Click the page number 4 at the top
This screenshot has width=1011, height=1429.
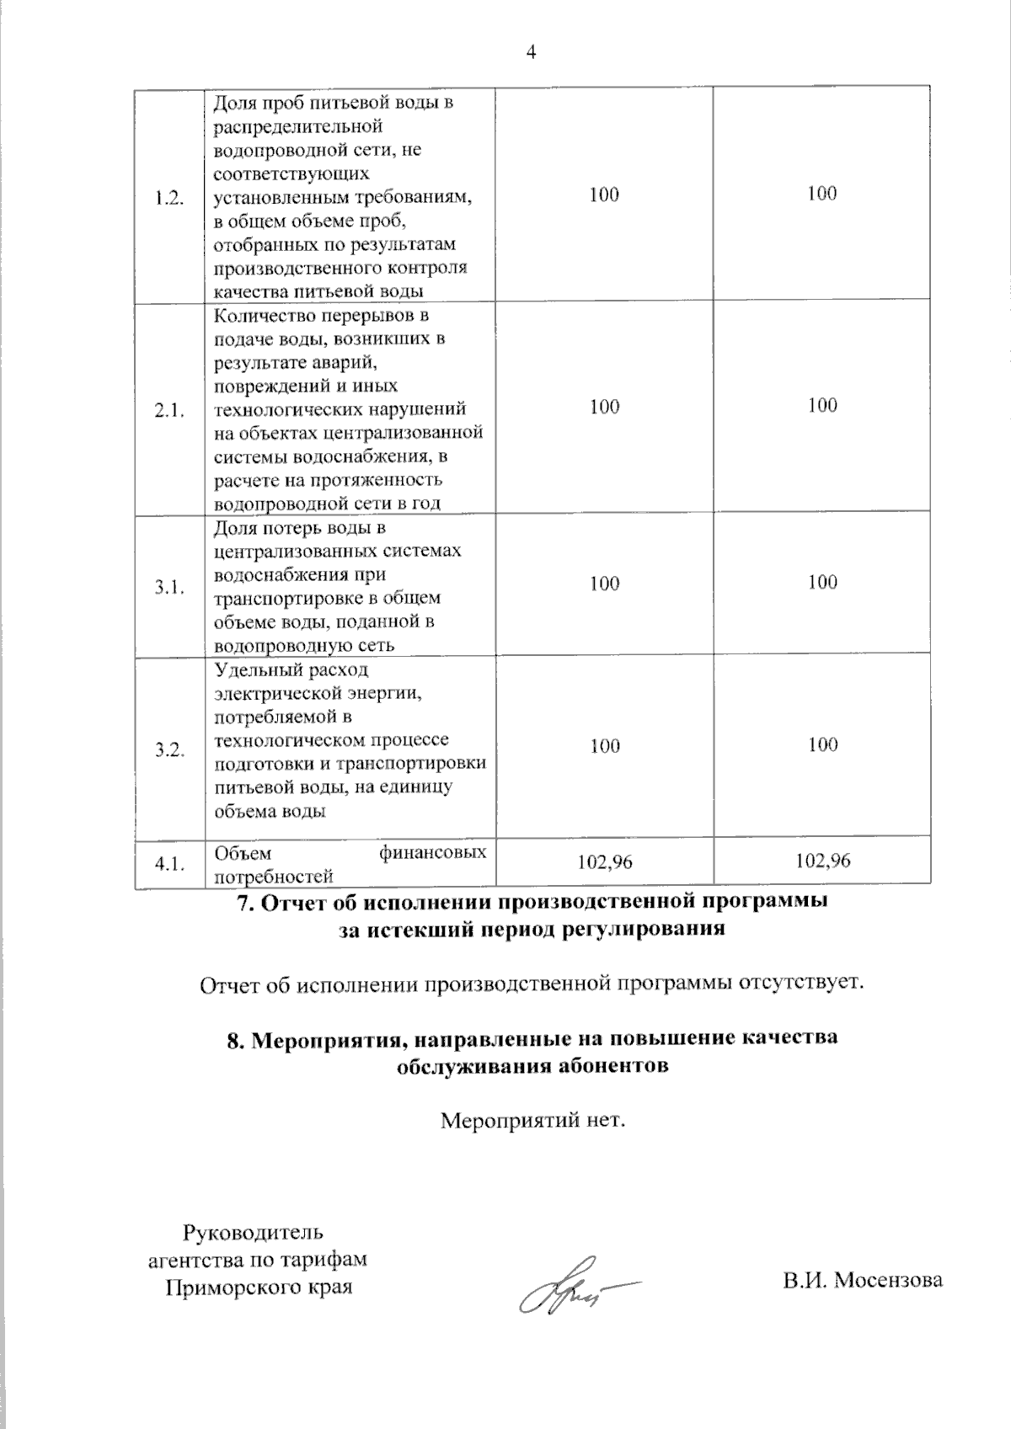coord(531,52)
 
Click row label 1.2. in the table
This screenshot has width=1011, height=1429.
coord(169,199)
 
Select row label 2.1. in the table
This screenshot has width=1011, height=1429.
coord(169,411)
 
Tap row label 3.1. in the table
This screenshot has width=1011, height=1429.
coord(169,588)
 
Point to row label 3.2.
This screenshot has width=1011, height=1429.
coord(169,750)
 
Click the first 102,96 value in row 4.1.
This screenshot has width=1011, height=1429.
coord(604,861)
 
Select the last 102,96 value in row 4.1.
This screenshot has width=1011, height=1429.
coord(822,860)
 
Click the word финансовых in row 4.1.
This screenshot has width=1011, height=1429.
coord(433,852)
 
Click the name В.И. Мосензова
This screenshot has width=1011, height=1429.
coord(862,1282)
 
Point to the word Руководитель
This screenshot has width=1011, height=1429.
coord(253,1234)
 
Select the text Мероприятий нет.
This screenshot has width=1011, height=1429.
coord(533,1122)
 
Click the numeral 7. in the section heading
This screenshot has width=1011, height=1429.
coord(244,902)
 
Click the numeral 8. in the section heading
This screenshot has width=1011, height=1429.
coord(236,1038)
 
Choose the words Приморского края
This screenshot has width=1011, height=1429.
coord(258,1288)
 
